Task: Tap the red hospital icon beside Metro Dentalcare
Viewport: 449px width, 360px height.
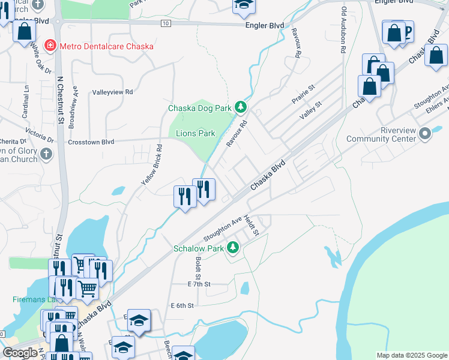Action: click(50, 46)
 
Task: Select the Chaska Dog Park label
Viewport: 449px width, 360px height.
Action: click(200, 109)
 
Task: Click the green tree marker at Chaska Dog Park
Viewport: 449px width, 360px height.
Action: click(241, 107)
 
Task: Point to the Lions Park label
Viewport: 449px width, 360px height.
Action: click(195, 133)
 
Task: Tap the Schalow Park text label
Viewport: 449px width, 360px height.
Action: click(198, 248)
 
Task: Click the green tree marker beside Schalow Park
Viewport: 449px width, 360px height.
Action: click(232, 247)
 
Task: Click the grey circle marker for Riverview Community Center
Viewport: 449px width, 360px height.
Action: click(426, 133)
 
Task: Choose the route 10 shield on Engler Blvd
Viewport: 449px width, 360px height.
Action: click(164, 23)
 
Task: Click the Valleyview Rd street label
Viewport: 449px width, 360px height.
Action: click(112, 92)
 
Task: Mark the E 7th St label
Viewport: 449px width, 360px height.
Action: click(199, 284)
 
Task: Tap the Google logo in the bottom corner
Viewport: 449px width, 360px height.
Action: click(20, 353)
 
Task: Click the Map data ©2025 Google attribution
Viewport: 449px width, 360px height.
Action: click(412, 355)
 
